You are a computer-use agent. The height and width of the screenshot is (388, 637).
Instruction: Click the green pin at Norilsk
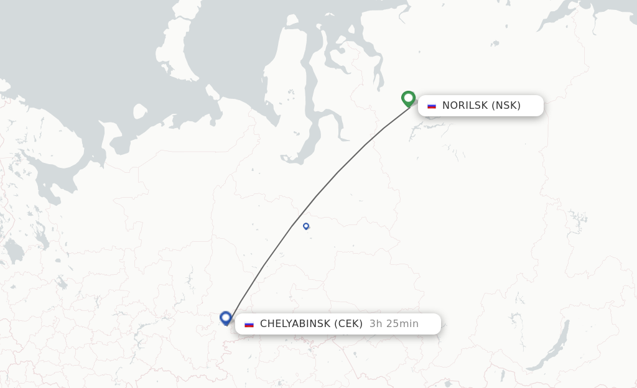click(x=408, y=98)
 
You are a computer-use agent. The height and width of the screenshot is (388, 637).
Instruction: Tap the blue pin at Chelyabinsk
click(x=226, y=318)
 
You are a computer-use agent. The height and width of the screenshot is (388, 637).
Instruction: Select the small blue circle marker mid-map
click(x=306, y=226)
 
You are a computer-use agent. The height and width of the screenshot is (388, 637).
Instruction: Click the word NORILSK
click(x=465, y=105)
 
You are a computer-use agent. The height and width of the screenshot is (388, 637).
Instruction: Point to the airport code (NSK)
click(x=506, y=105)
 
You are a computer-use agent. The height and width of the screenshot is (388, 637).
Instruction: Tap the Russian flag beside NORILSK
click(x=432, y=106)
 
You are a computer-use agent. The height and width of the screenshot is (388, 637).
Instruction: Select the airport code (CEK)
click(x=348, y=323)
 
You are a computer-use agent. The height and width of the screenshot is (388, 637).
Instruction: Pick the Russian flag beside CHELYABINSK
click(x=249, y=324)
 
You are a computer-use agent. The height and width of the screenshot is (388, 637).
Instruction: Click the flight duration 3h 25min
click(x=394, y=323)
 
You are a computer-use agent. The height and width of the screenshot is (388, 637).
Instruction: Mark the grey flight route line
click(x=336, y=174)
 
